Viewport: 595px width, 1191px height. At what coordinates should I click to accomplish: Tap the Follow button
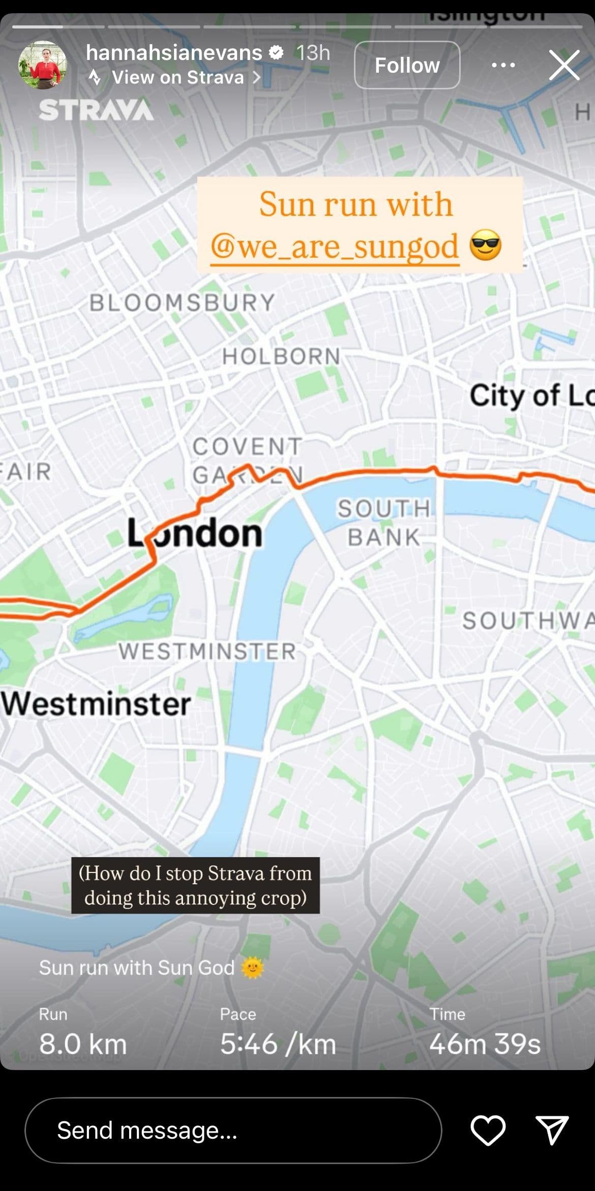[407, 65]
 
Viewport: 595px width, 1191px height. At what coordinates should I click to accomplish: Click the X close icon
[564, 65]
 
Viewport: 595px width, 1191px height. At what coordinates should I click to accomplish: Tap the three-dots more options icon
[503, 65]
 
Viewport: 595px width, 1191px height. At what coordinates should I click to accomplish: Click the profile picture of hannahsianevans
[43, 65]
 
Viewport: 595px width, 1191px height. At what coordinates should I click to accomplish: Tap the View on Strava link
[177, 78]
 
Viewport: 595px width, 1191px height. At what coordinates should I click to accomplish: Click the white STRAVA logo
[96, 110]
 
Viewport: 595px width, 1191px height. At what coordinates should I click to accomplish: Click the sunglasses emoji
[485, 245]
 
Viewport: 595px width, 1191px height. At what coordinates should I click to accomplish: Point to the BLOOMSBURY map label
[182, 303]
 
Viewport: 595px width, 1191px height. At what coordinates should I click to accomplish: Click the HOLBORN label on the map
[281, 356]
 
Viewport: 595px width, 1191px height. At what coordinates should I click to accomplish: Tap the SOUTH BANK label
[384, 523]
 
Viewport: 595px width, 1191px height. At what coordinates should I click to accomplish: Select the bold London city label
[195, 534]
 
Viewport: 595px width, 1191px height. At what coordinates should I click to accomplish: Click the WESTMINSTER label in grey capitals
[207, 651]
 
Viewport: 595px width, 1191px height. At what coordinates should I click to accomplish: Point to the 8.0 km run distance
[83, 1045]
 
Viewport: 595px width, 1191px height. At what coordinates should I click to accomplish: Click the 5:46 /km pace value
[278, 1045]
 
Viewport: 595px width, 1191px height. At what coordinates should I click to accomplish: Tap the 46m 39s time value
[485, 1045]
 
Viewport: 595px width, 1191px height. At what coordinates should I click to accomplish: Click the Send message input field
[233, 1131]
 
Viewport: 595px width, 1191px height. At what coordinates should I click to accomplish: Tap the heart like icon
[488, 1131]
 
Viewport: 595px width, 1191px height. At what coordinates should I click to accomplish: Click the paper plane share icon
[552, 1131]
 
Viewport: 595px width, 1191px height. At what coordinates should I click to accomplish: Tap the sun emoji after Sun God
[253, 968]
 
